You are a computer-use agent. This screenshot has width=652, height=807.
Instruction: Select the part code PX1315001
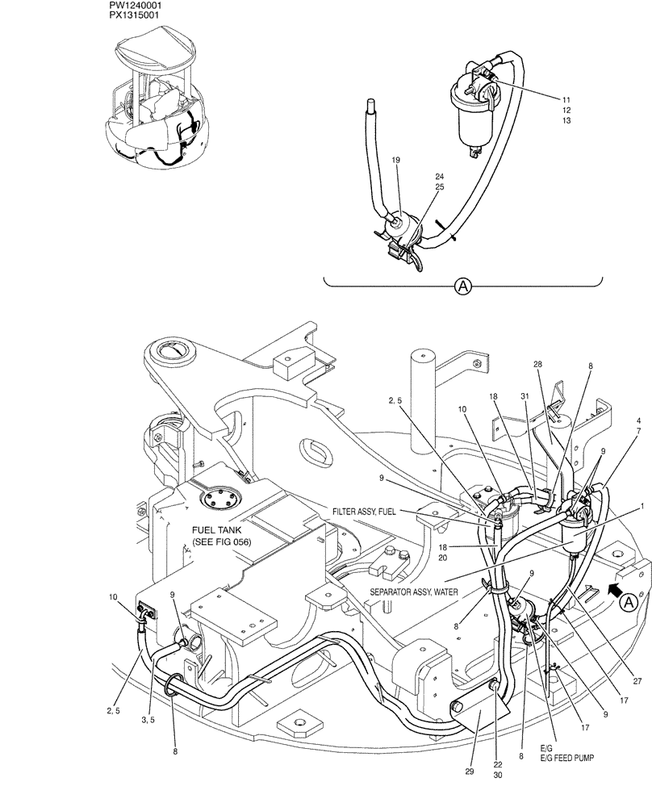point(139,15)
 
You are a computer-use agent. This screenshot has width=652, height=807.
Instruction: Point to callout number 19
point(396,161)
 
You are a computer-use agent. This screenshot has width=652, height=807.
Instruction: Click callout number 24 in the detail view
point(439,176)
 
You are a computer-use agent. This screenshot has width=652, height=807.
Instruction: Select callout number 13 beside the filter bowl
point(566,120)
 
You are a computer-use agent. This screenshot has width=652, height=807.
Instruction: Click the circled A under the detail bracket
point(463,285)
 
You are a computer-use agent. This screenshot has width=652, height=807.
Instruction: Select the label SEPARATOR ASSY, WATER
point(415,592)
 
